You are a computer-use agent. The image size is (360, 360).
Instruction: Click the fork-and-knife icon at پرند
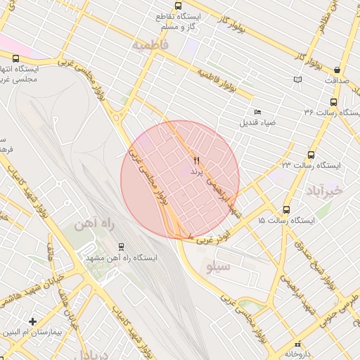(x=196, y=161)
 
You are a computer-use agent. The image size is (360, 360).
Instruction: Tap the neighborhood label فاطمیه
(x=150, y=44)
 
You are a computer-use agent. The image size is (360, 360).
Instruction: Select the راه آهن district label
(x=94, y=225)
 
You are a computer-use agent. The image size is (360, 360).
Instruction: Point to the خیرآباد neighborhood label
(x=324, y=190)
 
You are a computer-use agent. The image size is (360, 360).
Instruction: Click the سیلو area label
(x=215, y=267)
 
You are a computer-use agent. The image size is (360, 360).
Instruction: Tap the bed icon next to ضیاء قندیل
(x=257, y=112)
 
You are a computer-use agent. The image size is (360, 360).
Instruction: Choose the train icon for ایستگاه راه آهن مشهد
(x=122, y=247)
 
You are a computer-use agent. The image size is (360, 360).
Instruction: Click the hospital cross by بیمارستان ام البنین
(x=32, y=321)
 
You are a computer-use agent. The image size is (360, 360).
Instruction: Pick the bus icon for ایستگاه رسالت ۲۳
(x=311, y=155)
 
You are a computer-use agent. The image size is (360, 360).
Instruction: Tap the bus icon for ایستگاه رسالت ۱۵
(x=286, y=210)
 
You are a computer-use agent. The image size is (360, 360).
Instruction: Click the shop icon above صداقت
(x=338, y=70)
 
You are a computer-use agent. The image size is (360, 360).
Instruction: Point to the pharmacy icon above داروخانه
(x=298, y=344)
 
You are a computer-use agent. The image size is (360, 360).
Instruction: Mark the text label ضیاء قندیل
(x=258, y=123)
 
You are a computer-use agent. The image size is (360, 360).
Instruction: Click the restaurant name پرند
(x=196, y=172)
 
